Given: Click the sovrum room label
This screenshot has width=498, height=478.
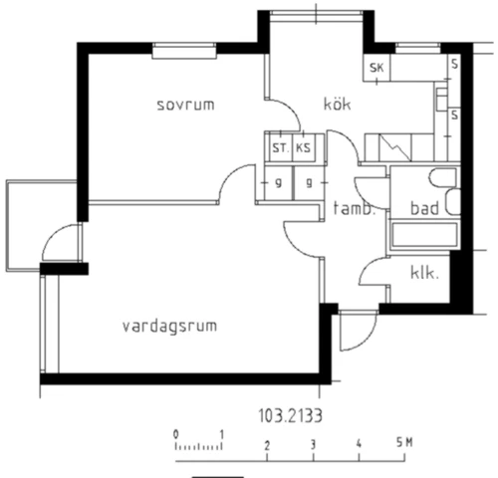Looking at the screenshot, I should pyautogui.click(x=186, y=104).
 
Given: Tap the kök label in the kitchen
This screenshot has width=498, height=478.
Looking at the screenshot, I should pyautogui.click(x=336, y=104).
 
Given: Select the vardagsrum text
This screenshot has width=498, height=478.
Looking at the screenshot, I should pyautogui.click(x=170, y=326).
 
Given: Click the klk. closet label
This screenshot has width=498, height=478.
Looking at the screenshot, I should pyautogui.click(x=425, y=271).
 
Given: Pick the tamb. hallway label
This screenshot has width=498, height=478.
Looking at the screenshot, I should pyautogui.click(x=354, y=210).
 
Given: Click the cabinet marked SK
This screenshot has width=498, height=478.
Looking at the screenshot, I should pyautogui.click(x=376, y=68).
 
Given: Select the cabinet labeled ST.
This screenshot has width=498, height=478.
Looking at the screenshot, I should pyautogui.click(x=280, y=149).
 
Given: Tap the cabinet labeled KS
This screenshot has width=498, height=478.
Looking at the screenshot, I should pyautogui.click(x=303, y=149).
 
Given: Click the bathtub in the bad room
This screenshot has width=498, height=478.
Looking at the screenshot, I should pyautogui.click(x=423, y=237).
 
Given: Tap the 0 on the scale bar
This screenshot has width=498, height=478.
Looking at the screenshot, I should pyautogui.click(x=175, y=435).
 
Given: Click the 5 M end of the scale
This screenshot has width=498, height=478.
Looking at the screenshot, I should pyautogui.click(x=401, y=442).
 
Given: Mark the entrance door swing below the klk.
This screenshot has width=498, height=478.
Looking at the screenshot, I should pyautogui.click(x=355, y=329).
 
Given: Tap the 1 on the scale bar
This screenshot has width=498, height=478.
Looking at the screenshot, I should pyautogui.click(x=221, y=435).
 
